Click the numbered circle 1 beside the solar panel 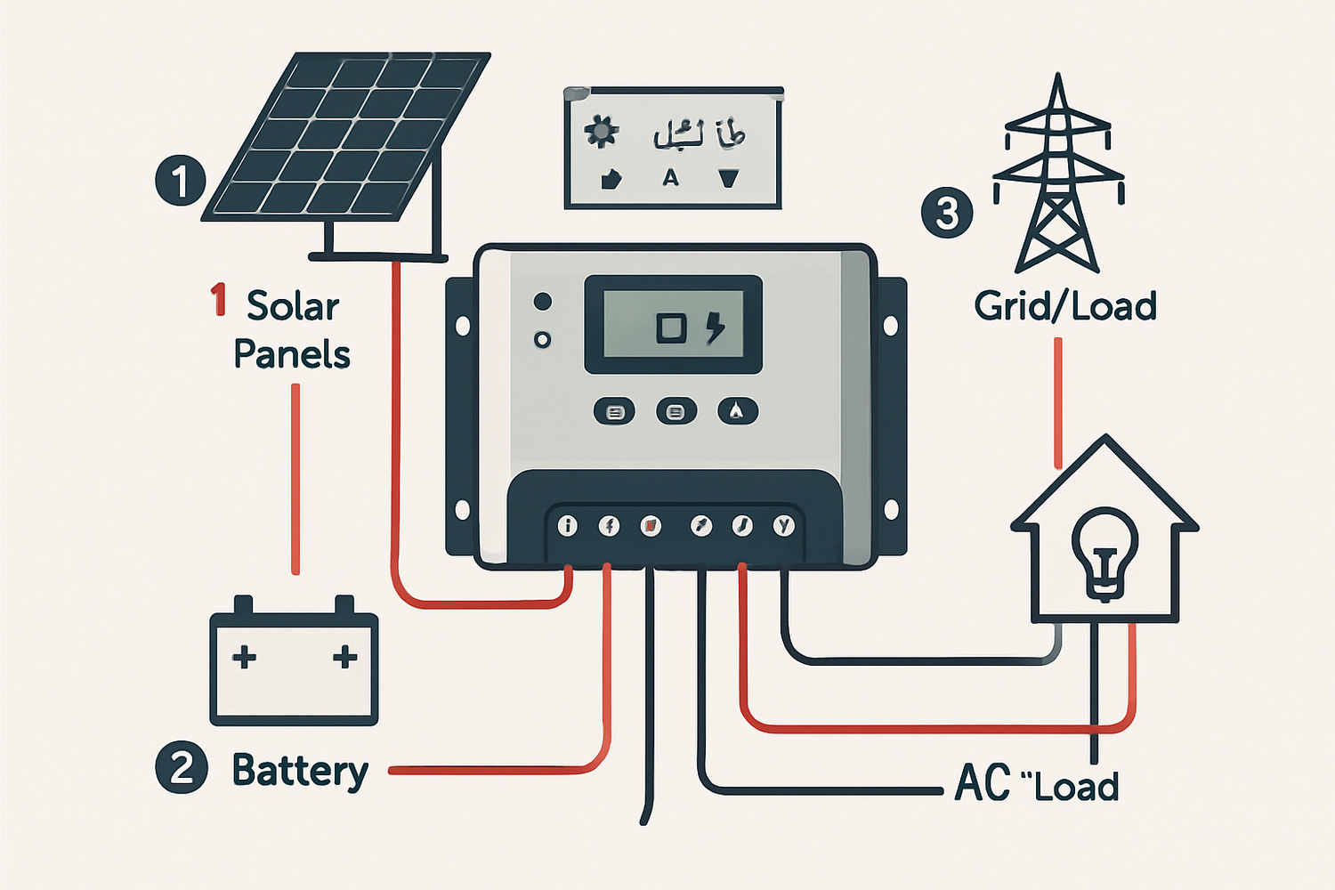pos(181,181)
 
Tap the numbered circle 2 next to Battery pos(182,768)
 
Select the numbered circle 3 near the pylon pos(947,213)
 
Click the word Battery pos(300,771)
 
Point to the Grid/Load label pos(1064,306)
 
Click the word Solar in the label pos(293,306)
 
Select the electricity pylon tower pos(1057,178)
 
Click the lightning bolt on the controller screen pos(715,327)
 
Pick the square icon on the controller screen pos(671,328)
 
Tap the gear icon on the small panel pos(601,133)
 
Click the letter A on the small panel pos(670,178)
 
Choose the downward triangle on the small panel pos(729,179)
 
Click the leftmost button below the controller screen pos(614,412)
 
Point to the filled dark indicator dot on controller pos(542,302)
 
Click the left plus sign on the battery pos(244,658)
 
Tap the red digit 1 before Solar pos(218,300)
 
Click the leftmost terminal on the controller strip pos(567,526)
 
